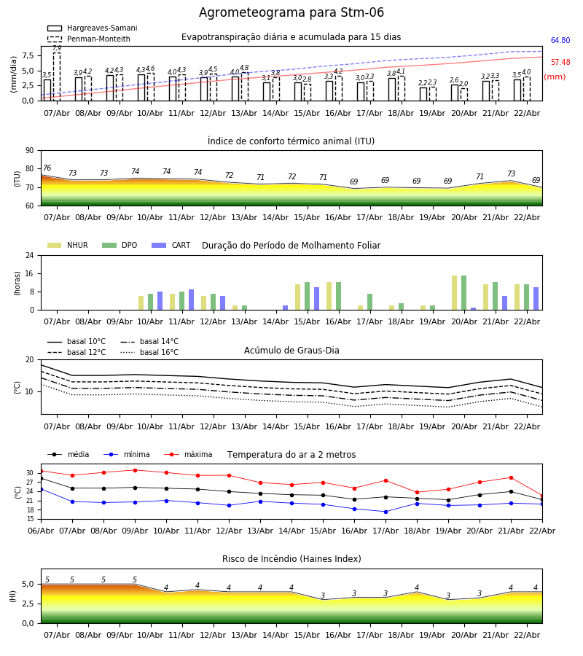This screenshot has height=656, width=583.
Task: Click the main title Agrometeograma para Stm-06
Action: (291, 13)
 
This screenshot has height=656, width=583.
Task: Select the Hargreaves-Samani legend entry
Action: (93, 28)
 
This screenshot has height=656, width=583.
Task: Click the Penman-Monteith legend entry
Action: (93, 39)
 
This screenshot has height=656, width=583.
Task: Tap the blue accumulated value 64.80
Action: (560, 41)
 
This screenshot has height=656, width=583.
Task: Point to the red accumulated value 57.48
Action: (560, 63)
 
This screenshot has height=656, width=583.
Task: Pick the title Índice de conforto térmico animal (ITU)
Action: (291, 141)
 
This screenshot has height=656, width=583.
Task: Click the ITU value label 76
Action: (47, 168)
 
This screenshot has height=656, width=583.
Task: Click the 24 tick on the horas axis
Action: (31, 256)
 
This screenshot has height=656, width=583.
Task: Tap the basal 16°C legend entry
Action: (149, 353)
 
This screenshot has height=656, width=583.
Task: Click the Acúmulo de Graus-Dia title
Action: (291, 351)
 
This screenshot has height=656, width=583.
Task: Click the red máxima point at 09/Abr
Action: (135, 470)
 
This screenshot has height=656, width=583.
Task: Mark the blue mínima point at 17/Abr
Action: (386, 512)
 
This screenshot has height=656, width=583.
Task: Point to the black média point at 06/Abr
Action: (41, 478)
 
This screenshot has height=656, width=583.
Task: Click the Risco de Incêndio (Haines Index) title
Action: (291, 559)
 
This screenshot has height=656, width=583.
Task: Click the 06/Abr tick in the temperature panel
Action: (41, 530)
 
